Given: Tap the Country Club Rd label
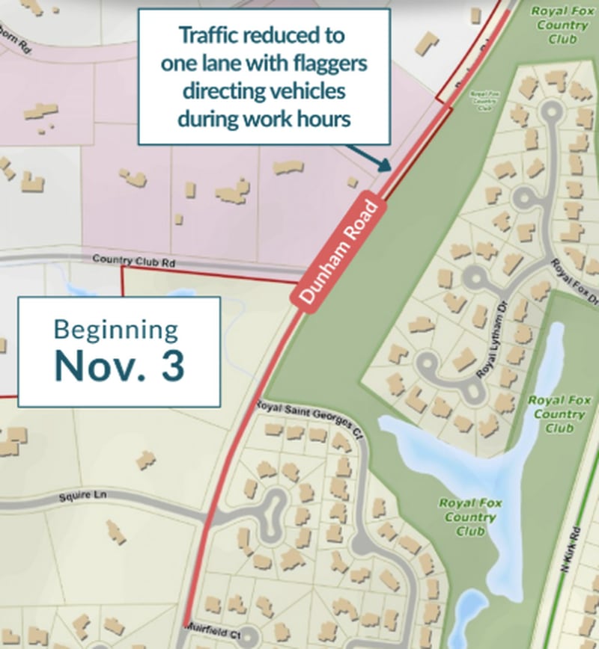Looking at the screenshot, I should (133, 259).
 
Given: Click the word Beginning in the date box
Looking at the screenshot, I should (116, 330).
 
